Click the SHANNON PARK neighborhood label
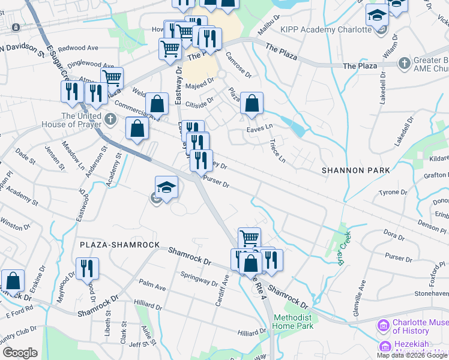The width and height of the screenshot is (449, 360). coord(356,170)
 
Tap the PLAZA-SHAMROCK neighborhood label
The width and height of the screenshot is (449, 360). coord(120,245)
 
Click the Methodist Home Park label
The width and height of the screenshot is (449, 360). coord(294,322)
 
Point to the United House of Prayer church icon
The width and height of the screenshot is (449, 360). coord(109,119)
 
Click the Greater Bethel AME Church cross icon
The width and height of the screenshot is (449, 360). coord(404,62)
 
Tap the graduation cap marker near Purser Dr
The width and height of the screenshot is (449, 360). coord(166,187)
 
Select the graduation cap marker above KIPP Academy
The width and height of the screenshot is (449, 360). coord(377,15)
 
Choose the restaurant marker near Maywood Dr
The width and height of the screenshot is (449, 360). coord(88,269)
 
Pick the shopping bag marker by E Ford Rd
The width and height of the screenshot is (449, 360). coord(13,281)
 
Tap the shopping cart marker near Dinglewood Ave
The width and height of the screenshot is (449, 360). coord(112,78)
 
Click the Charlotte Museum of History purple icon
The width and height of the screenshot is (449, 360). coord(383,326)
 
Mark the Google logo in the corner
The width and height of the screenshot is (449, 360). coord(20,353)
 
